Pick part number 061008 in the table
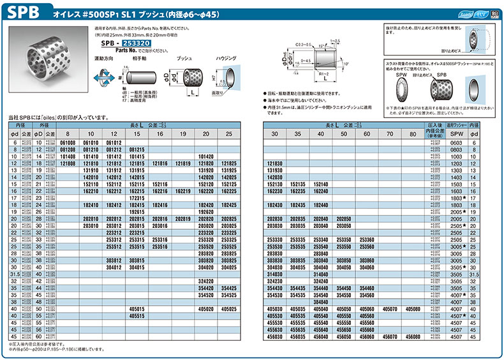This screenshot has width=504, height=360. [68, 144]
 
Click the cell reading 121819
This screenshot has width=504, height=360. [183, 164]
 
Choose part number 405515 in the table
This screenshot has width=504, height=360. [137, 315]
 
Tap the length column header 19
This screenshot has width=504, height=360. [183, 133]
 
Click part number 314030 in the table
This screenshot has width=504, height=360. [274, 273]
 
